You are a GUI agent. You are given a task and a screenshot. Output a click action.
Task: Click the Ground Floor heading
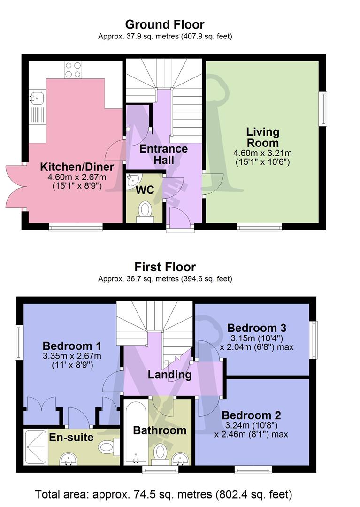165,24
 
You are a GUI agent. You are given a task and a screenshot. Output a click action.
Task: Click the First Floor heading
165,267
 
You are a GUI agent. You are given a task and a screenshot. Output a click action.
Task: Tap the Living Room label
263,137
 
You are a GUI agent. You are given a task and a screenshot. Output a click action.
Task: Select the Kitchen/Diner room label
77,167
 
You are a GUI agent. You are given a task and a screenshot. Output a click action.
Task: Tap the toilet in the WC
145,210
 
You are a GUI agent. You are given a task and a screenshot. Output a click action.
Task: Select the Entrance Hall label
164,154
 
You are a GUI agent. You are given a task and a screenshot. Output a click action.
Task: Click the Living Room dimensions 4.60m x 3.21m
263,153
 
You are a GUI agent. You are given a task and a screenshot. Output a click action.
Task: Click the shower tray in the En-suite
36,447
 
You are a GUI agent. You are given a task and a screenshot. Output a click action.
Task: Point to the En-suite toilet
107,446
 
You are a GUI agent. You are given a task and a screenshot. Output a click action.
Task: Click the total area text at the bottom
164,494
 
